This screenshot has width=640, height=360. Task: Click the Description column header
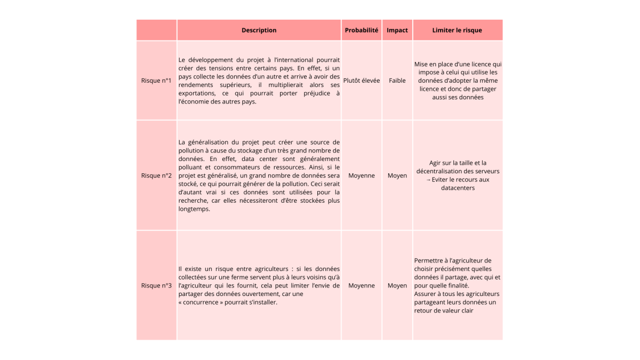(x=259, y=30)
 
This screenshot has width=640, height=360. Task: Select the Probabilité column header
(x=362, y=30)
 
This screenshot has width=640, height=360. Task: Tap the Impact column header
(x=397, y=30)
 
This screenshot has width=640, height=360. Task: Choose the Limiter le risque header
(x=457, y=30)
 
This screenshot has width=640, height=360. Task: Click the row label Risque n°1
(x=156, y=81)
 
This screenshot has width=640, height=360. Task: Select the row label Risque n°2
(x=156, y=175)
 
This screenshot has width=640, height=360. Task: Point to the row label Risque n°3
(x=156, y=285)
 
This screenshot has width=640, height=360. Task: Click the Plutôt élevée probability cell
(x=362, y=81)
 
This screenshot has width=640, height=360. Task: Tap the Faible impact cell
(x=397, y=81)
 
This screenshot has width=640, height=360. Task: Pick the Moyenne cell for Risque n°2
(x=362, y=175)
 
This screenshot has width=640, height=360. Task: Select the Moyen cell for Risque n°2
(x=397, y=175)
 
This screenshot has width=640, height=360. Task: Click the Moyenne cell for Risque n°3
(x=362, y=285)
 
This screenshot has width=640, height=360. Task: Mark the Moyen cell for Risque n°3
(x=397, y=285)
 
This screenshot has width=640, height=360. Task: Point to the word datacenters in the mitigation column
(x=458, y=188)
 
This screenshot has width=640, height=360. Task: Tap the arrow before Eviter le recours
(x=428, y=180)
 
